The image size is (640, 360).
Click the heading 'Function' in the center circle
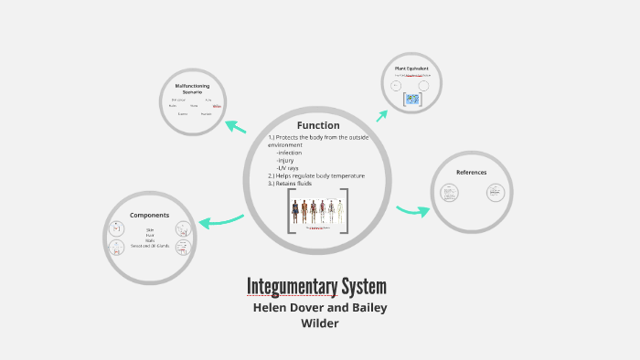[x=317, y=125]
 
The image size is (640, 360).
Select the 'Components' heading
[x=149, y=215]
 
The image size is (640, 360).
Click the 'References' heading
[x=472, y=172]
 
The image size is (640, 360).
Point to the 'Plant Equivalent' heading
[x=411, y=69]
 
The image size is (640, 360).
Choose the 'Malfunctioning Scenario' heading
[x=192, y=88]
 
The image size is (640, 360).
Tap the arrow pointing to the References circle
[x=413, y=211]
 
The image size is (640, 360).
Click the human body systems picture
[x=317, y=212]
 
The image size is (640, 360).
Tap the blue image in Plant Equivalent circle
[x=411, y=99]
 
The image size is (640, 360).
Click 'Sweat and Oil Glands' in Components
[x=149, y=245]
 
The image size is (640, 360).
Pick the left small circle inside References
[x=449, y=192]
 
